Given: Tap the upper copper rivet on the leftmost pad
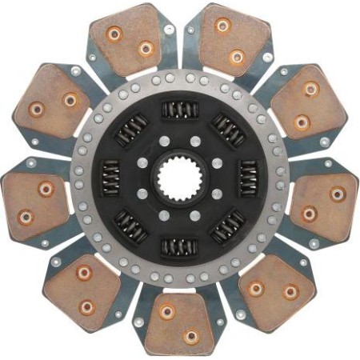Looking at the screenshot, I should point(46,189).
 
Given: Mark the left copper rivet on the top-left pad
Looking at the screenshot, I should point(115,34).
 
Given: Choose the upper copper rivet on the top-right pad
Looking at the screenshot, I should point(222,26).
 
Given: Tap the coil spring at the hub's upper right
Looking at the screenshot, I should point(227,129).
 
